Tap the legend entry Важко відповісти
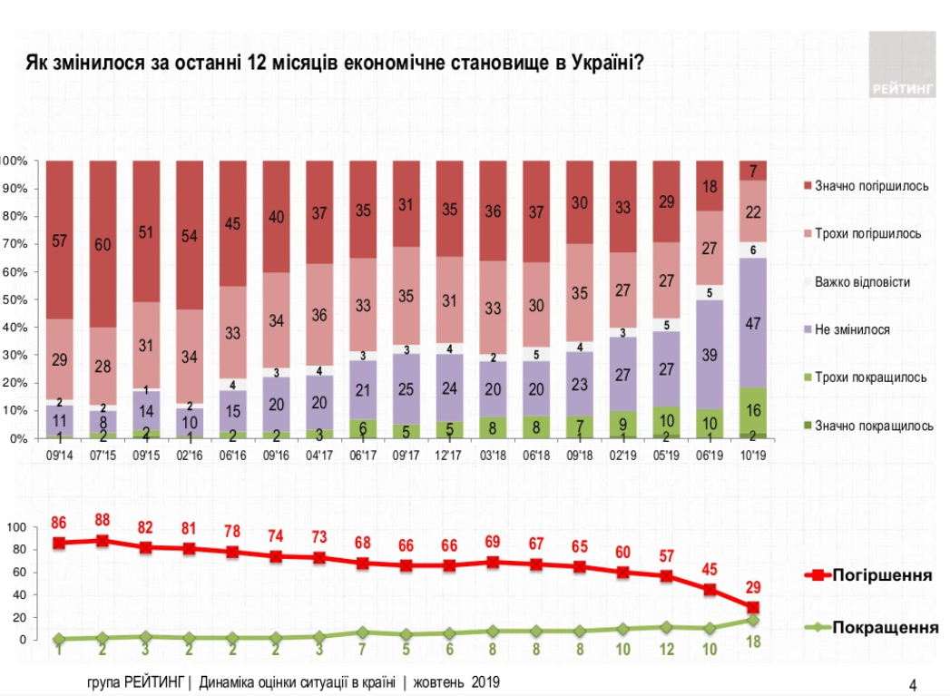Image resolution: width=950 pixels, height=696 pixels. coord(862,281)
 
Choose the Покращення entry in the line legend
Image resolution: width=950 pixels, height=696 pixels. coord(885,627)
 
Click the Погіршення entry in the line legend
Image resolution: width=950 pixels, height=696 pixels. coord(883,575)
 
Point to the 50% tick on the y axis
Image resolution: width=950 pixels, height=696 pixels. coord(16,299)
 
